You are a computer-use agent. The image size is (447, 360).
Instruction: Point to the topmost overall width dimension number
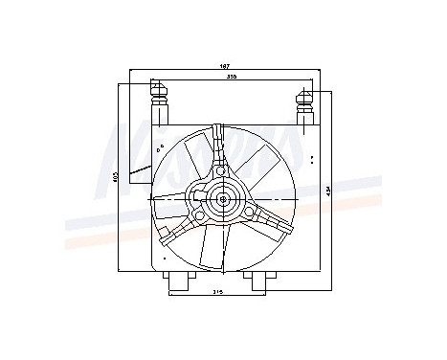(x=225, y=66)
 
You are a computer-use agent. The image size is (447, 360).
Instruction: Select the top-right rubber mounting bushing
(x=306, y=104)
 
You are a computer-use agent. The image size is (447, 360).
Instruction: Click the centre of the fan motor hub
(x=224, y=202)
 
